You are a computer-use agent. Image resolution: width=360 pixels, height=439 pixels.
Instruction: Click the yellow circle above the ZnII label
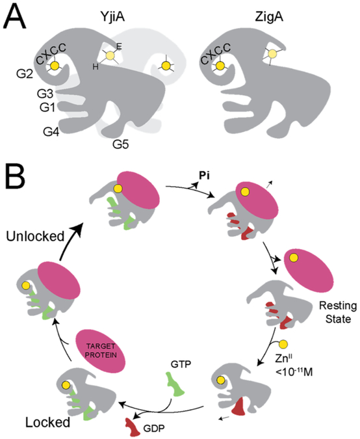click(x=285, y=343)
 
